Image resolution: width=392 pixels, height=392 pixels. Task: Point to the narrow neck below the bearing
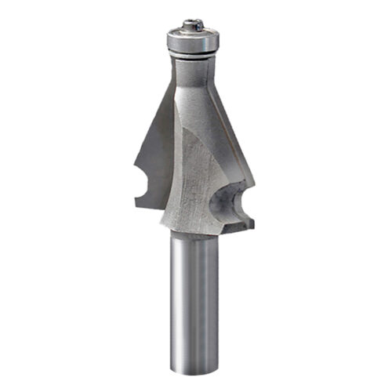(191, 71)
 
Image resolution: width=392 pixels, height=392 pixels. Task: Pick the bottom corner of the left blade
(138, 205)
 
